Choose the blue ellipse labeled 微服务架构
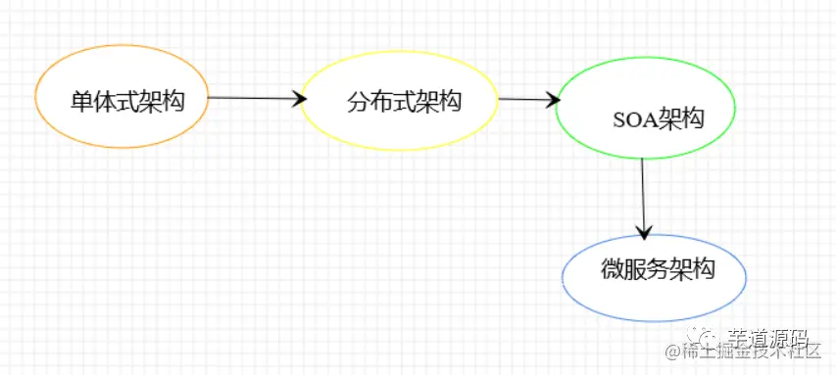[654, 276]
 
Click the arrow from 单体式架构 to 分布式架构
[253, 97]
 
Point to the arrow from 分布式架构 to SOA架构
[527, 99]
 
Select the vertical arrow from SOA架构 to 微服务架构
[643, 196]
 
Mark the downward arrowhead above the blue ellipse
[643, 232]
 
